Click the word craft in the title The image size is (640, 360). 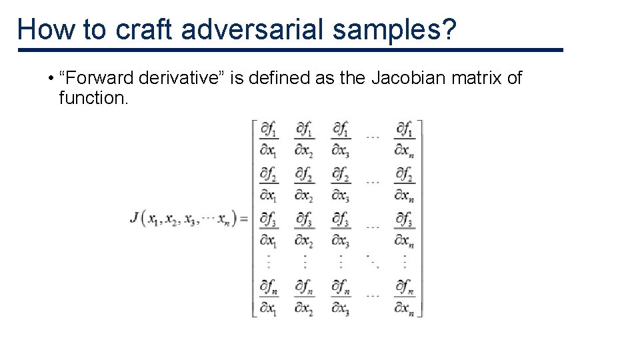coord(145,30)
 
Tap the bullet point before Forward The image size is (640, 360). coord(51,79)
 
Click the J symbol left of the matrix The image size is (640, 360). coord(135,217)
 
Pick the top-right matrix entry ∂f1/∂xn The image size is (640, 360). coord(404,138)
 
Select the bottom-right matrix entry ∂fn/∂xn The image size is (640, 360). coord(404,297)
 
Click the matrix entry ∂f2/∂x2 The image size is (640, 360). coord(305,183)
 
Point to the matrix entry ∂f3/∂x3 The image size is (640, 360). coord(341,229)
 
